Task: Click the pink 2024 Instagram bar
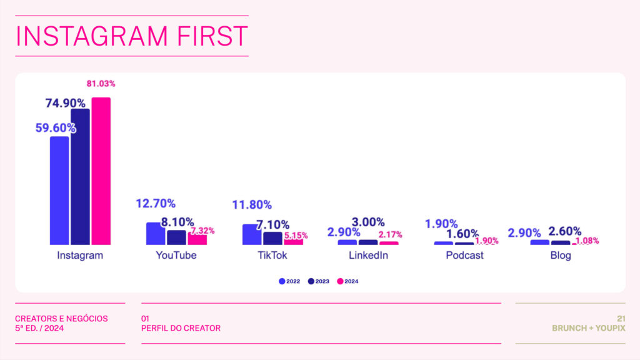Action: (x=101, y=171)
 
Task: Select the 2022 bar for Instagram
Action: (x=59, y=191)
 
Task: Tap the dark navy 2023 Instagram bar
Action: (x=80, y=177)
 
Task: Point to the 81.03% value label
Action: (x=101, y=84)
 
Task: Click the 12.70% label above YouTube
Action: (x=156, y=203)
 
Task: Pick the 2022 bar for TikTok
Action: (x=251, y=234)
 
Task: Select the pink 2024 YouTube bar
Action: (x=197, y=239)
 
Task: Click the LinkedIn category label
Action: (x=368, y=255)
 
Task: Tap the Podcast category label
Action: (x=464, y=255)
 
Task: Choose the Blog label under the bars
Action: (x=561, y=256)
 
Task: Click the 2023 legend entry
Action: (x=318, y=281)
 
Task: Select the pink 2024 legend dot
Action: (x=340, y=281)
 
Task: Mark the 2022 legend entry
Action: (x=289, y=281)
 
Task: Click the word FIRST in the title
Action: (x=212, y=36)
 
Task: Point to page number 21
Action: (x=621, y=318)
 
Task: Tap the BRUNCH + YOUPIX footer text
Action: (x=589, y=328)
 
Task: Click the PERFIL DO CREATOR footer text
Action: (x=181, y=328)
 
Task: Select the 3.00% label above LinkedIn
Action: (x=368, y=222)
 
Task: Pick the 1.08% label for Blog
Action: (x=587, y=241)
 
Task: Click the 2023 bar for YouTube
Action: (x=176, y=237)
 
